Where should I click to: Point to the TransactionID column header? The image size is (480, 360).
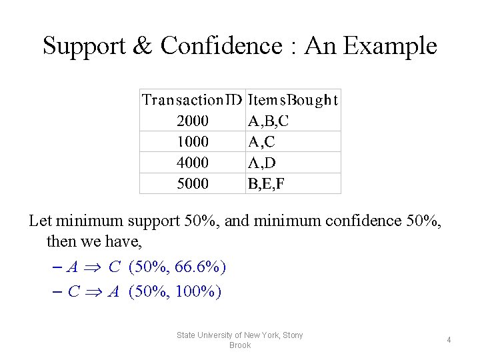click(x=193, y=100)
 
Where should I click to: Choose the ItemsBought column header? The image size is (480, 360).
click(x=293, y=100)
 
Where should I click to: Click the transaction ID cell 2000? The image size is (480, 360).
click(x=193, y=121)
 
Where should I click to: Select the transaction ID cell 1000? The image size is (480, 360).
click(x=193, y=142)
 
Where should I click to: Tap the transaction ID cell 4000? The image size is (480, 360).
click(x=193, y=163)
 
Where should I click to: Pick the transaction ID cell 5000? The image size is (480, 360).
click(x=193, y=183)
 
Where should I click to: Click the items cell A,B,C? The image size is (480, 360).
click(x=269, y=121)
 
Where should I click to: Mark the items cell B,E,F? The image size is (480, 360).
click(x=267, y=183)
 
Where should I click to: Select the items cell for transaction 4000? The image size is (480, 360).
click(x=262, y=163)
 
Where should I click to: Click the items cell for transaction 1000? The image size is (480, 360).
click(x=261, y=142)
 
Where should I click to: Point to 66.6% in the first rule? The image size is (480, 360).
click(x=198, y=267)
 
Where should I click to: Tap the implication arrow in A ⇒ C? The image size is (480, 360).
click(x=93, y=268)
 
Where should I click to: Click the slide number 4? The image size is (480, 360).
click(x=449, y=340)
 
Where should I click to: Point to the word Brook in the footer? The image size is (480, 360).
click(x=240, y=345)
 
